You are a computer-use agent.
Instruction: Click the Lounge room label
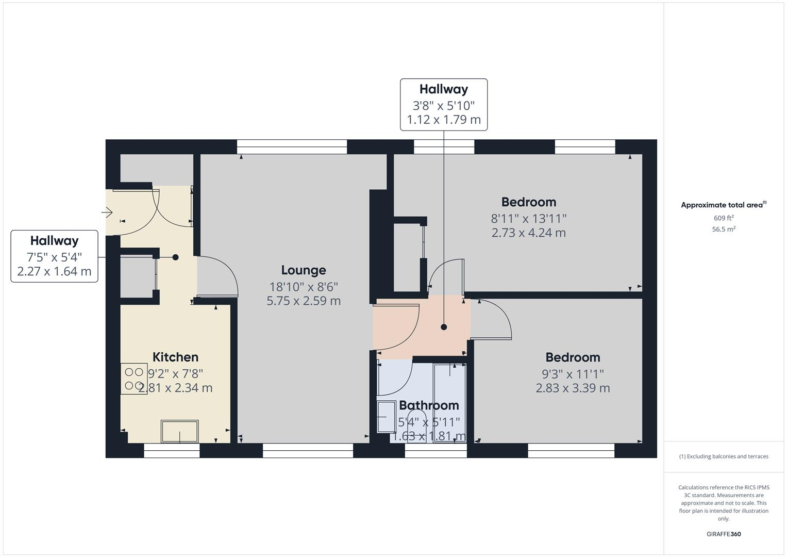(x=304, y=270)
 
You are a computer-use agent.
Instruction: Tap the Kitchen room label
(x=175, y=357)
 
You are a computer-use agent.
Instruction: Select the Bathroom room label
(x=429, y=405)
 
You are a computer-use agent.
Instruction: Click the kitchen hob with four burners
(x=134, y=379)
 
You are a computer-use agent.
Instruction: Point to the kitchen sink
(x=179, y=431)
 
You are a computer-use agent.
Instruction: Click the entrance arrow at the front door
(x=108, y=212)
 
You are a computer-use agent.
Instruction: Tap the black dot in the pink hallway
(x=444, y=327)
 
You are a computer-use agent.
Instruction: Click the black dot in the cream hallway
(x=175, y=257)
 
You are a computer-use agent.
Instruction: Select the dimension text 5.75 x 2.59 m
(x=304, y=301)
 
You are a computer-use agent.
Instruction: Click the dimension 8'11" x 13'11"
(x=528, y=218)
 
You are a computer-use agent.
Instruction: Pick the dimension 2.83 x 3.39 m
(x=573, y=388)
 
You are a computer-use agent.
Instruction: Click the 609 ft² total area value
(x=724, y=218)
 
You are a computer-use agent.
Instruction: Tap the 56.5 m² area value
(x=724, y=230)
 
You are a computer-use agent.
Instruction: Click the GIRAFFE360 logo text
(x=724, y=534)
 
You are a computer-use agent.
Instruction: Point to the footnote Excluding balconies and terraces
(x=724, y=456)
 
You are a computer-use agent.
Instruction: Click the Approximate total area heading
(x=723, y=205)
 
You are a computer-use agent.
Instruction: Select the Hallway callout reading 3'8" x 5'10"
(x=444, y=105)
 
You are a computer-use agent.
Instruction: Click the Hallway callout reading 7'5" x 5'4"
(x=55, y=256)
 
